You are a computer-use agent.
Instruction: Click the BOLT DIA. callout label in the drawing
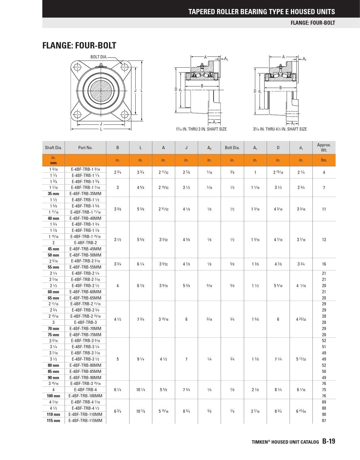pyautogui.click(x=99, y=57)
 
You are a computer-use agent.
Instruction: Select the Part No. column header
pyautogui.click(x=85, y=148)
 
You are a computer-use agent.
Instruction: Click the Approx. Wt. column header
pyautogui.click(x=324, y=148)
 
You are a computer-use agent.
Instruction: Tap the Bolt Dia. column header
pyautogui.click(x=232, y=148)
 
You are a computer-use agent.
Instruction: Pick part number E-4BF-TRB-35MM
pyautogui.click(x=85, y=194)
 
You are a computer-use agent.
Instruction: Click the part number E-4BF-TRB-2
pyautogui.click(x=85, y=243)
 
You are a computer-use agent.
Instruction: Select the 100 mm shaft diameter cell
pyautogui.click(x=53, y=396)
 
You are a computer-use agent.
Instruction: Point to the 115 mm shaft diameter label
pyautogui.click(x=53, y=420)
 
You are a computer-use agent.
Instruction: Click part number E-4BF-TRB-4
pyautogui.click(x=85, y=390)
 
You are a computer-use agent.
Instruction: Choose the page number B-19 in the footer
pyautogui.click(x=328, y=441)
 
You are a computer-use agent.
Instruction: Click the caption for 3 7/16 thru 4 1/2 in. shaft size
pyautogui.click(x=280, y=129)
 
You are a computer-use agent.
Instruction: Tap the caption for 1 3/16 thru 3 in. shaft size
pyautogui.click(x=201, y=129)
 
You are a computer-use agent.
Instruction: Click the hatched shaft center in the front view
pyautogui.click(x=101, y=90)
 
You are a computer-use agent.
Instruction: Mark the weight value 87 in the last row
pyautogui.click(x=324, y=420)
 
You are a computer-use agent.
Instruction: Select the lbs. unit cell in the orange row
pyautogui.click(x=324, y=160)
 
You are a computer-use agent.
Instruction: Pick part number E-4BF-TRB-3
pyautogui.click(x=85, y=322)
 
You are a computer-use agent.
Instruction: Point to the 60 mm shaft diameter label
pyautogui.click(x=53, y=292)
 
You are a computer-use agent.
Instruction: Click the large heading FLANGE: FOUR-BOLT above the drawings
pyautogui.click(x=79, y=46)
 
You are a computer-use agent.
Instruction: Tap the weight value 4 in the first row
pyautogui.click(x=324, y=172)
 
